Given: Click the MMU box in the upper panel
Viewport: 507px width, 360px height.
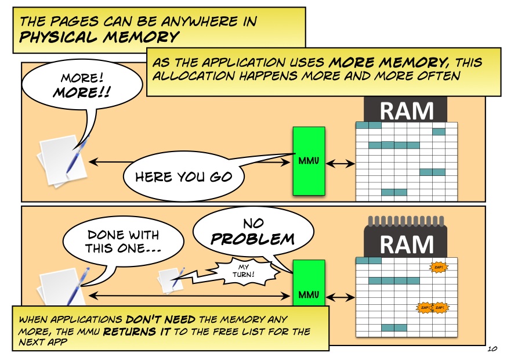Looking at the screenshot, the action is click(309, 161).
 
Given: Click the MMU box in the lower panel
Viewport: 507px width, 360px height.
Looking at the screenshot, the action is click(309, 283).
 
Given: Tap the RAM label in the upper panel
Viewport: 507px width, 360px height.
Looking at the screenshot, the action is click(406, 111).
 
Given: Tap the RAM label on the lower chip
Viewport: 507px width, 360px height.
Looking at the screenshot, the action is click(406, 244).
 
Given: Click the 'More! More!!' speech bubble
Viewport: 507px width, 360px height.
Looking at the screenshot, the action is click(82, 85).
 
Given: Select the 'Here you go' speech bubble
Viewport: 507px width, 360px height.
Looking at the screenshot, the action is click(184, 177).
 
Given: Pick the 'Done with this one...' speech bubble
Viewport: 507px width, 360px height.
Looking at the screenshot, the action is click(123, 242).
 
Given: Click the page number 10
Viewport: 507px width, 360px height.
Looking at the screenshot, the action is click(492, 349).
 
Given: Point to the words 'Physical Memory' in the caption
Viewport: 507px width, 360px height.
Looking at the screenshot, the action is click(99, 37).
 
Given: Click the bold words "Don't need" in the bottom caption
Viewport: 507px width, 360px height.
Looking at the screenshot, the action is click(160, 319).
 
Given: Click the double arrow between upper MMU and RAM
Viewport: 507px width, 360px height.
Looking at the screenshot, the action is click(340, 164).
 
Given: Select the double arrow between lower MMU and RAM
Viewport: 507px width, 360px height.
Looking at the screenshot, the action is click(340, 297).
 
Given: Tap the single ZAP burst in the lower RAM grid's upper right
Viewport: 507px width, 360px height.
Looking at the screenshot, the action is click(439, 267).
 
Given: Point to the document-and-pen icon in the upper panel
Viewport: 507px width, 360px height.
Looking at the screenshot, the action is click(63, 161).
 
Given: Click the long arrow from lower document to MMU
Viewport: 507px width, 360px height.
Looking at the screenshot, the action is click(189, 295).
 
